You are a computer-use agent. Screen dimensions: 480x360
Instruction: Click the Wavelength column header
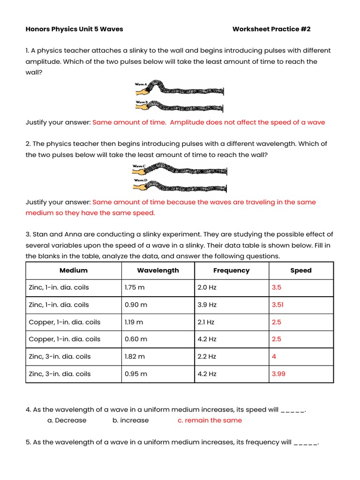click(x=158, y=270)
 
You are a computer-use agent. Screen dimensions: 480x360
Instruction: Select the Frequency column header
click(x=232, y=270)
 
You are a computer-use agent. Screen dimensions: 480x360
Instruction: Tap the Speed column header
click(x=301, y=270)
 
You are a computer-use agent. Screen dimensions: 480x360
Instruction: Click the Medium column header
click(x=74, y=270)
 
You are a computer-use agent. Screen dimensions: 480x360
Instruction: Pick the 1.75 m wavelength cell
click(x=135, y=288)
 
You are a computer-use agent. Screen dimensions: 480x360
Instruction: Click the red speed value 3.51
click(x=278, y=305)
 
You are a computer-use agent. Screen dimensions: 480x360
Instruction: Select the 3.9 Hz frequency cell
click(x=207, y=305)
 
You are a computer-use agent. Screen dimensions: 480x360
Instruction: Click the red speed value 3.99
click(x=278, y=374)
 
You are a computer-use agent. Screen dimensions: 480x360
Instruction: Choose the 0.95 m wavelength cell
click(x=136, y=374)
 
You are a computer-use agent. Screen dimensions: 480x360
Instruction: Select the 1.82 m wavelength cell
click(x=135, y=357)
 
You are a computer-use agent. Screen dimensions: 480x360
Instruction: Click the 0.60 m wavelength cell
click(x=136, y=339)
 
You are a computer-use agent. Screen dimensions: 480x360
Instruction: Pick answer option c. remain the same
click(x=210, y=420)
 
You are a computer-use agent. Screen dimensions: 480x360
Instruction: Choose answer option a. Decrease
click(x=67, y=420)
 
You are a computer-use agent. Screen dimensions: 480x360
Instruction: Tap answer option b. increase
click(x=130, y=420)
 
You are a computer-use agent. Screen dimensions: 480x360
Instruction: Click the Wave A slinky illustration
click(x=180, y=88)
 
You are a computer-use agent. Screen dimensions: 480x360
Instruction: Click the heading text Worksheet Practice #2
click(x=271, y=29)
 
